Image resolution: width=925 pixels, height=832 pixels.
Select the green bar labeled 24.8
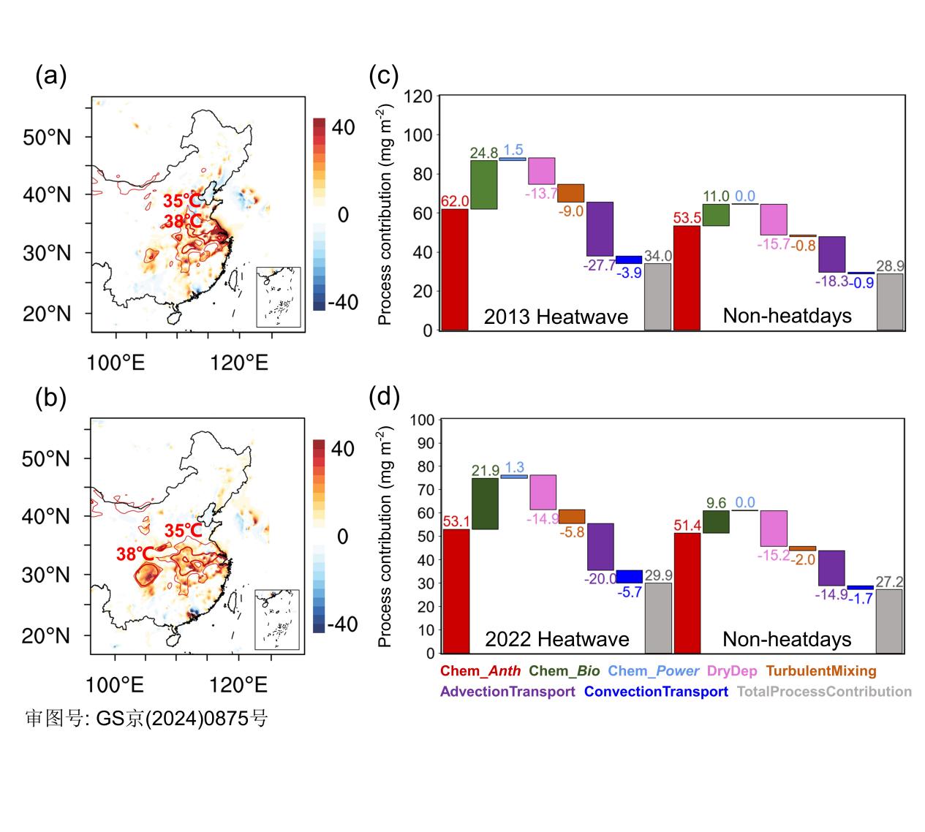(x=484, y=184)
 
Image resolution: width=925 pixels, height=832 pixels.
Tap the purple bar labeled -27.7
(x=600, y=229)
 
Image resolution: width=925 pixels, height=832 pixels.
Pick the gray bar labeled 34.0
(x=657, y=296)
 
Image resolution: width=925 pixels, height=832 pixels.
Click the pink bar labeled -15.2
(x=774, y=528)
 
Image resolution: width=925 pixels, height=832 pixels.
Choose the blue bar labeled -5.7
(x=629, y=576)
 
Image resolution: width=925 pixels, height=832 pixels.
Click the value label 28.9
(x=890, y=266)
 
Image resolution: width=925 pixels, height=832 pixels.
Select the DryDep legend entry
(x=732, y=670)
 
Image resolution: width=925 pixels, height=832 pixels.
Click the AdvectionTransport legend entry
(x=507, y=692)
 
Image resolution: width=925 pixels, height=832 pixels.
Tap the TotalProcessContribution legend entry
(x=824, y=692)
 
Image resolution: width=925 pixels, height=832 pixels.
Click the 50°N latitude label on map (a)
(x=47, y=137)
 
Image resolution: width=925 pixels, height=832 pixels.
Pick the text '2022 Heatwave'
(x=556, y=639)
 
